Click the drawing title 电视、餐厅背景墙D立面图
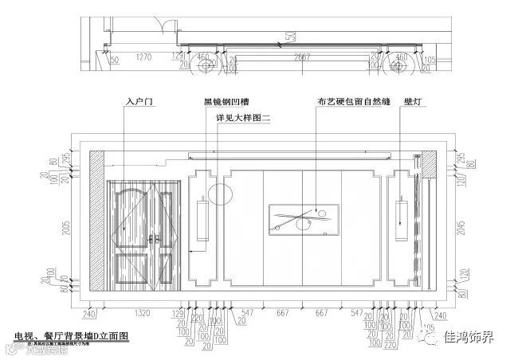[72, 337]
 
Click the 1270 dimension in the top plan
[144, 57]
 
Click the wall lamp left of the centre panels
[203, 219]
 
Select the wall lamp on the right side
[402, 218]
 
